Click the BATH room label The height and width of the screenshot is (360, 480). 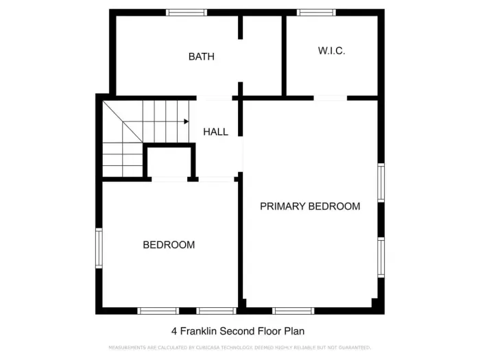click(x=201, y=57)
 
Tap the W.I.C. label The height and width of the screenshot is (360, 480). click(x=331, y=51)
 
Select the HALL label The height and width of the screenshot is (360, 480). click(x=215, y=132)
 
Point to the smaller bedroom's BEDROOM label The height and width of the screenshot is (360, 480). click(x=169, y=245)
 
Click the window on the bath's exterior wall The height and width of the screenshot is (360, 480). click(x=187, y=12)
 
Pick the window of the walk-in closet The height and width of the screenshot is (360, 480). click(x=316, y=12)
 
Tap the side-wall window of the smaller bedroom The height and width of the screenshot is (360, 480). click(x=99, y=248)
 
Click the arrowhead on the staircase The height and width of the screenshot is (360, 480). click(x=186, y=122)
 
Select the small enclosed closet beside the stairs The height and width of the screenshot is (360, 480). click(x=169, y=163)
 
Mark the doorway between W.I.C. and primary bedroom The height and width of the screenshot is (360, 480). click(x=330, y=98)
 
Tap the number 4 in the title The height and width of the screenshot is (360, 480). click(x=173, y=331)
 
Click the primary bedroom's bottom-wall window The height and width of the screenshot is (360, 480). click(x=293, y=311)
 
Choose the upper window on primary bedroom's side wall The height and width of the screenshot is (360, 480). click(x=381, y=183)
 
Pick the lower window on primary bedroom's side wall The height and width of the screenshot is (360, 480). click(x=381, y=257)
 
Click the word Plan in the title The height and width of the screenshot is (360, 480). click(x=294, y=331)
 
